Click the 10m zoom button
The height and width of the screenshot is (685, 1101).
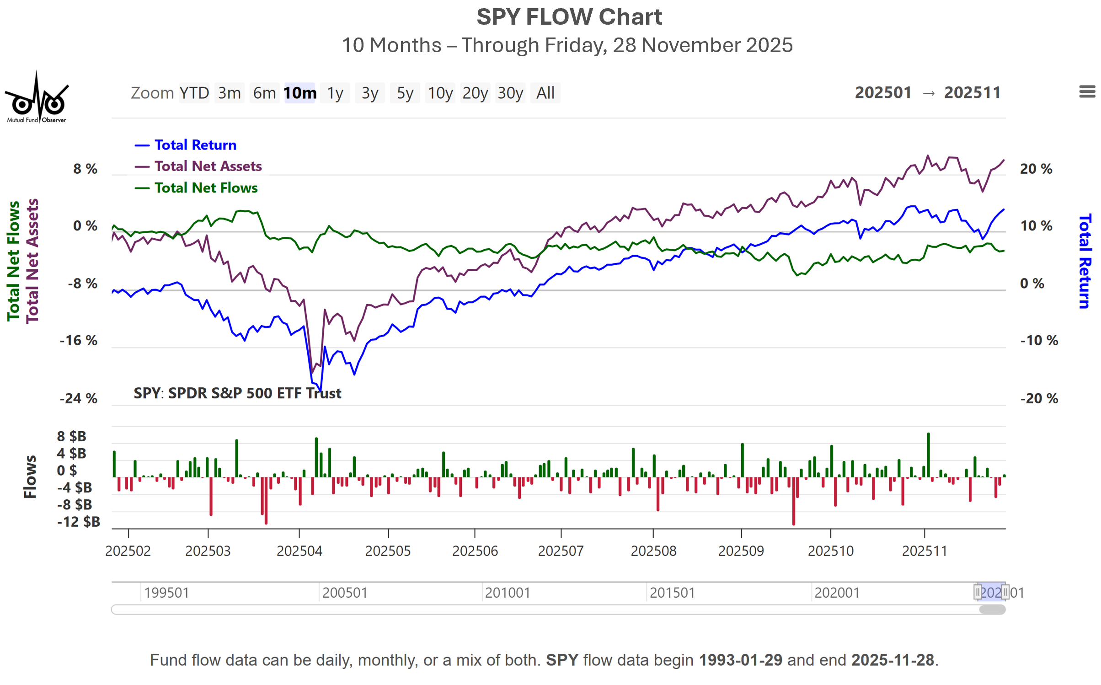(299, 93)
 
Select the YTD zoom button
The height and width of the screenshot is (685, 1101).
(194, 93)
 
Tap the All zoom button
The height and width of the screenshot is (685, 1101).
(545, 93)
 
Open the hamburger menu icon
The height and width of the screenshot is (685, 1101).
(1087, 92)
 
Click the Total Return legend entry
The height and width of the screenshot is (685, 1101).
(195, 145)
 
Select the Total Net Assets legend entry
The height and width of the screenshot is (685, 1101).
(208, 166)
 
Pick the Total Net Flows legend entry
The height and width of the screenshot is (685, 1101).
(206, 187)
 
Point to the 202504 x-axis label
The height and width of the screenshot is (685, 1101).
(299, 551)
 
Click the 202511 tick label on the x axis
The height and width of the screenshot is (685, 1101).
(925, 551)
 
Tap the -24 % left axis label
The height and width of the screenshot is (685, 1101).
(79, 398)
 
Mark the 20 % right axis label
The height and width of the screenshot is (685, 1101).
(1036, 169)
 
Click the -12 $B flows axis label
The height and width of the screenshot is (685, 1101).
(79, 522)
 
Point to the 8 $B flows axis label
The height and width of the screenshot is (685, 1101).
(72, 436)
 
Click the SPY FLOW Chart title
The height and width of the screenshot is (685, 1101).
(569, 17)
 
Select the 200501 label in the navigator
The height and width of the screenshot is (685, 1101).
(345, 593)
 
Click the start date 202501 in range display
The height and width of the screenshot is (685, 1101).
(883, 93)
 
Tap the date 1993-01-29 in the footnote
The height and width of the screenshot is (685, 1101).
(740, 660)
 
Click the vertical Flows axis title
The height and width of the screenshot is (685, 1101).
(30, 476)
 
